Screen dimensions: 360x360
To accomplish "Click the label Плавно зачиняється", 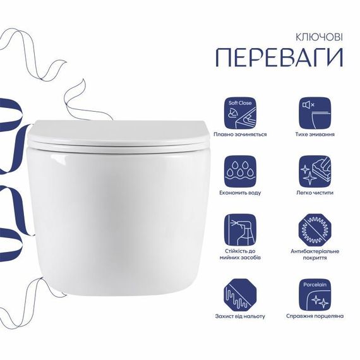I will pyautogui.click(x=240, y=135).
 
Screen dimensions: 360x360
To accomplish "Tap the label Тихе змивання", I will pyautogui.click(x=315, y=135).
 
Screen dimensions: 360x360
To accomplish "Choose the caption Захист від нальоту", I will pyautogui.click(x=240, y=316).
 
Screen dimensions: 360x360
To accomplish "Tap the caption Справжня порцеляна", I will pyautogui.click(x=315, y=316).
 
